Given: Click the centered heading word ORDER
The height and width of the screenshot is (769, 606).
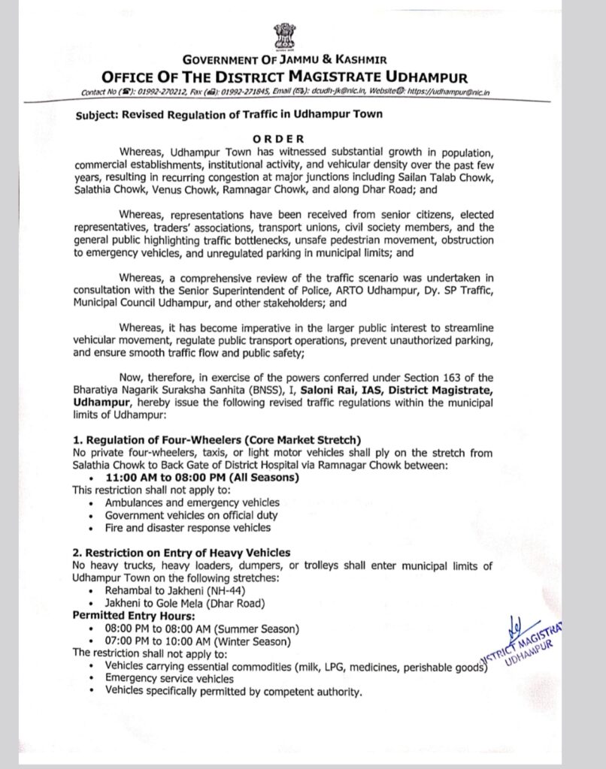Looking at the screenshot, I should point(278,138).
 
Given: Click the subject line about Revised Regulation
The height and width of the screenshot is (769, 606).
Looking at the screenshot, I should point(229,114).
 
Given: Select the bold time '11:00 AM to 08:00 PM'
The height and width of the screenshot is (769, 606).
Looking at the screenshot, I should point(201,478).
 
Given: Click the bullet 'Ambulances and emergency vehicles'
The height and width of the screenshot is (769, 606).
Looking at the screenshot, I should point(192,502).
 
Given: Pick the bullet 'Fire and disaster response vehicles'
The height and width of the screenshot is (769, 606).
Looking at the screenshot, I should point(187,528).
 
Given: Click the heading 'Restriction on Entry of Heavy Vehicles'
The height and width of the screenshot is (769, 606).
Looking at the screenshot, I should point(181,553).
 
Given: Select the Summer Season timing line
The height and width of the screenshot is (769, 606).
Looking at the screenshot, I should point(202,628).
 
